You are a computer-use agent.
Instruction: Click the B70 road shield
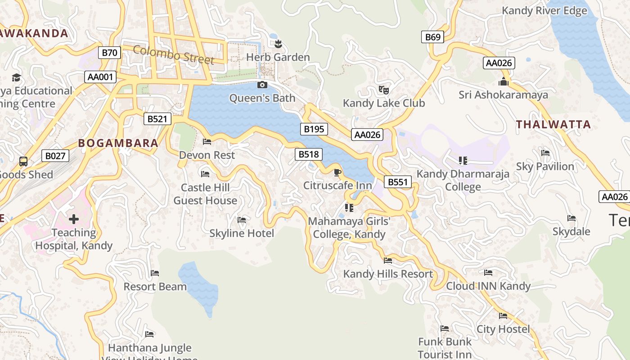[109, 53]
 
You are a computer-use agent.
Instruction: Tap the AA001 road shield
[100, 77]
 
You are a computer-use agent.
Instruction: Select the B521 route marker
[157, 119]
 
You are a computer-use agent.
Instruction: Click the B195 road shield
[314, 129]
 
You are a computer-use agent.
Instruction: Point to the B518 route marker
[309, 154]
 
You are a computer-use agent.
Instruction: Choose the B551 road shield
[397, 182]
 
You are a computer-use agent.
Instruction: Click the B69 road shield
[432, 37]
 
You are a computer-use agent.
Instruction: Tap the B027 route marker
[55, 156]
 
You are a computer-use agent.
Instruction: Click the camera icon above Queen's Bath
[262, 85]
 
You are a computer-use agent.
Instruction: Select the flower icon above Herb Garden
[278, 44]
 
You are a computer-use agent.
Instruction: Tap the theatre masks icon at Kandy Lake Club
[383, 90]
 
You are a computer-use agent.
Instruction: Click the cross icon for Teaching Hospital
[74, 219]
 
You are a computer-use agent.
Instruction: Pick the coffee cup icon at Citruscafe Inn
[337, 172]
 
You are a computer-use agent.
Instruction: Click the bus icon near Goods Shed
[23, 161]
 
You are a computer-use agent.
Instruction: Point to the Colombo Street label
[173, 54]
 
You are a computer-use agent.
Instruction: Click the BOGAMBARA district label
[118, 143]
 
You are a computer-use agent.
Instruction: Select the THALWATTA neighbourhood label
[553, 125]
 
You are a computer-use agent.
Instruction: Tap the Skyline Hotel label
[242, 233]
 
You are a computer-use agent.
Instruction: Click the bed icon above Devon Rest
[207, 141]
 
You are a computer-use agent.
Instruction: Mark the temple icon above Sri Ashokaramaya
[503, 81]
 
